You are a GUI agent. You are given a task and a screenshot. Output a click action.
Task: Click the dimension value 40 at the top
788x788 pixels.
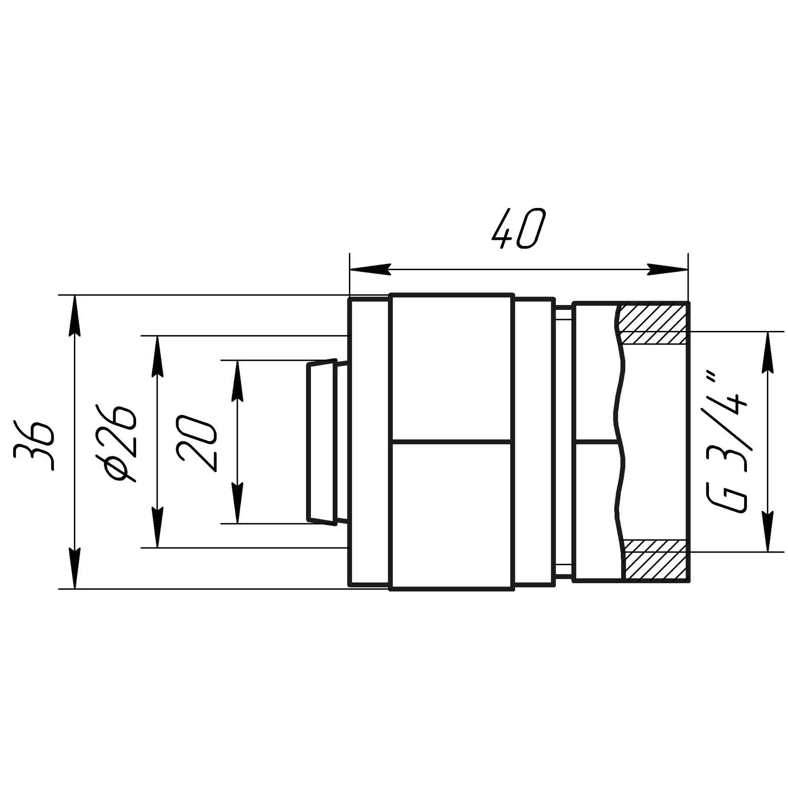click(518, 229)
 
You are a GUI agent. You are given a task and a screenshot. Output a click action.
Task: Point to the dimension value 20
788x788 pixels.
click(197, 443)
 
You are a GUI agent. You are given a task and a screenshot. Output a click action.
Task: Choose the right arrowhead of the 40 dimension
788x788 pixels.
click(667, 269)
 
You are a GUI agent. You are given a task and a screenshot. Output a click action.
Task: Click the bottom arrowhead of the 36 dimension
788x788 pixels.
click(75, 568)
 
